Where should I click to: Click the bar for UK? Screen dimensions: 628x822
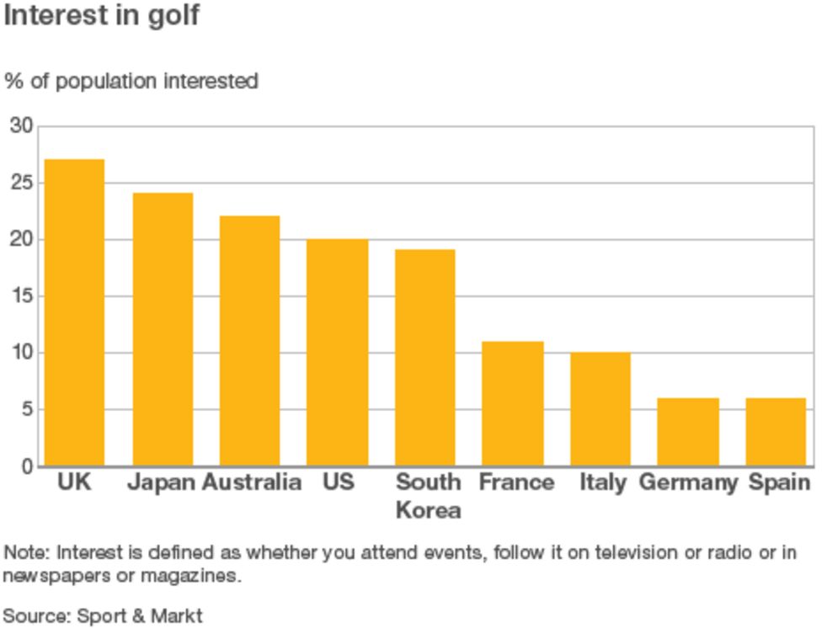(x=74, y=312)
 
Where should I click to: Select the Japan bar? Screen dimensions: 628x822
(x=163, y=329)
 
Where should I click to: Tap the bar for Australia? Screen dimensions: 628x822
(x=249, y=341)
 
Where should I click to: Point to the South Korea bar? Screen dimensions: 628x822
(x=425, y=358)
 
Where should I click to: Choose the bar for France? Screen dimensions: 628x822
(x=513, y=403)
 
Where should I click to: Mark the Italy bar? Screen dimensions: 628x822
(x=600, y=409)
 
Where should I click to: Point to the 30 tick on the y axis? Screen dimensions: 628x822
(x=22, y=126)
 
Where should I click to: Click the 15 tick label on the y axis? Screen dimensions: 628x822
(x=22, y=296)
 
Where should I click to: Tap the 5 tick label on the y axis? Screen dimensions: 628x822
(x=27, y=410)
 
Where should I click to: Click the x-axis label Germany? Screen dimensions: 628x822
(x=688, y=482)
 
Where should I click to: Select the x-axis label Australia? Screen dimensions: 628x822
(x=252, y=482)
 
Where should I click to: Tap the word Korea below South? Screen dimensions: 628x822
(x=428, y=510)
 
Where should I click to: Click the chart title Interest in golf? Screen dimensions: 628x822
(x=102, y=15)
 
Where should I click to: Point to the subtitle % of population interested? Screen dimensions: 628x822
(x=131, y=82)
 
